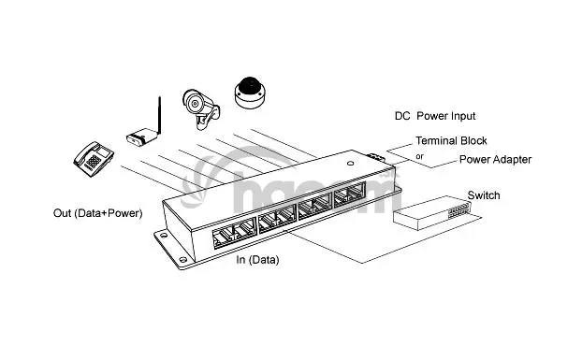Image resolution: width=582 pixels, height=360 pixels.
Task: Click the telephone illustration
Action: tap(94, 158)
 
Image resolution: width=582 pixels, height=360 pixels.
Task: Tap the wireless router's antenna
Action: tap(160, 116)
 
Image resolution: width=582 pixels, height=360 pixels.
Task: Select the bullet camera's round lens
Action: tap(194, 103)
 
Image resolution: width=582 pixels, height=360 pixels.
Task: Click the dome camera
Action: tap(251, 93)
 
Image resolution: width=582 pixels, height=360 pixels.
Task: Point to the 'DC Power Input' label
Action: tap(435, 116)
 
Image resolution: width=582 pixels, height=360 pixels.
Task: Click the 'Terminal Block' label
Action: tap(451, 140)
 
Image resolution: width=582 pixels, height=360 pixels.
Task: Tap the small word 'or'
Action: tap(419, 156)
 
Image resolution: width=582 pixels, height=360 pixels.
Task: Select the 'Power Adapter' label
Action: tap(495, 159)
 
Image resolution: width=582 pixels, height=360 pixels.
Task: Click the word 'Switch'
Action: tap(484, 195)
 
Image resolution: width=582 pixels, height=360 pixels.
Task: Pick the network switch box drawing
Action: tap(431, 213)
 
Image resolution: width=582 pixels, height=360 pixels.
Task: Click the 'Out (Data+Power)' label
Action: tap(98, 213)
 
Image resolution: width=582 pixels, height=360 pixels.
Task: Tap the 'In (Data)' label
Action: tap(257, 260)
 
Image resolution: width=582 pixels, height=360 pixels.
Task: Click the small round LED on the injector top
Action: tap(350, 163)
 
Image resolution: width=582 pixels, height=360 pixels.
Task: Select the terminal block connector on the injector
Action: tap(376, 157)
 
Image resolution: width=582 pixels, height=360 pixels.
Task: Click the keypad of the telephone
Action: tap(94, 161)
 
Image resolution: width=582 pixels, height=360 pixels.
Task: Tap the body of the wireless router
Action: tap(141, 137)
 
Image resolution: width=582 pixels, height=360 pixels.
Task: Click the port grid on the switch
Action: tap(459, 209)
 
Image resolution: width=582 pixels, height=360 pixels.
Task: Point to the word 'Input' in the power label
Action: tap(462, 116)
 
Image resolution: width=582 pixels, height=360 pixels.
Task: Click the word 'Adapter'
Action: tap(510, 160)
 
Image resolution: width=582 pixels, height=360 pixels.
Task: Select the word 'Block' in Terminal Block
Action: tap(473, 140)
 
